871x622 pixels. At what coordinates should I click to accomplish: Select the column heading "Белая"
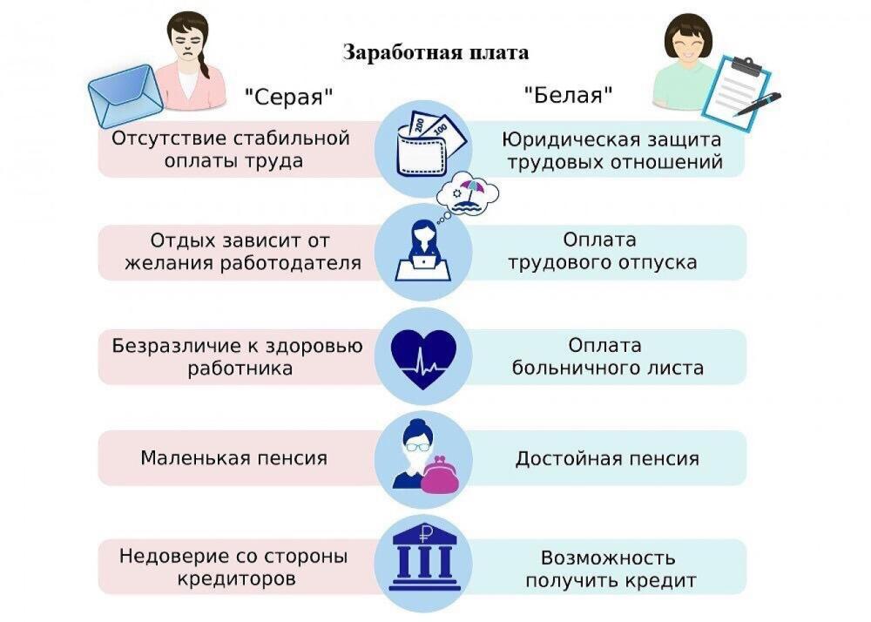(567, 95)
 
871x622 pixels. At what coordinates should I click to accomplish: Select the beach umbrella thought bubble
(469, 193)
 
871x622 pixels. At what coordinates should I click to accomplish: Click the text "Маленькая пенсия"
(234, 457)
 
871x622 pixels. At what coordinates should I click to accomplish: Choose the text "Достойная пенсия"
(607, 458)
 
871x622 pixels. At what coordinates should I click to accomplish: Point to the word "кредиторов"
(233, 578)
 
